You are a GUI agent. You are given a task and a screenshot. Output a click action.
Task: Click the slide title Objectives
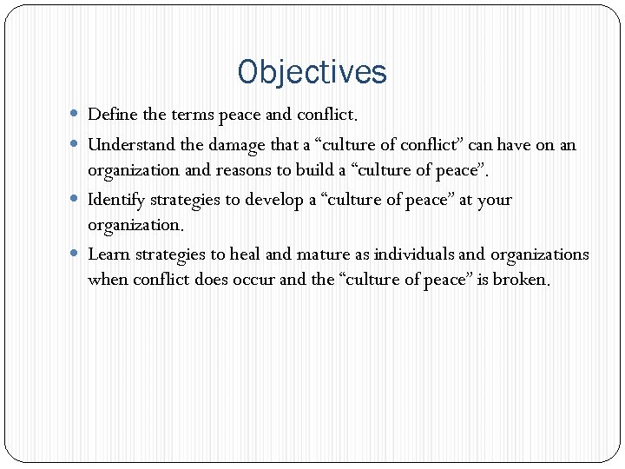click(312, 72)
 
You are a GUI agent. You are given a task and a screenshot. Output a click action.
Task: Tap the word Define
click(110, 114)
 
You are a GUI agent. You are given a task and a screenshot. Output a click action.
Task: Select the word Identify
click(117, 200)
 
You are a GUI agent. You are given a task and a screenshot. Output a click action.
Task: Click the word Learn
click(108, 254)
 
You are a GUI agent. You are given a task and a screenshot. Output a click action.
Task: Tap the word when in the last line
click(107, 280)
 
